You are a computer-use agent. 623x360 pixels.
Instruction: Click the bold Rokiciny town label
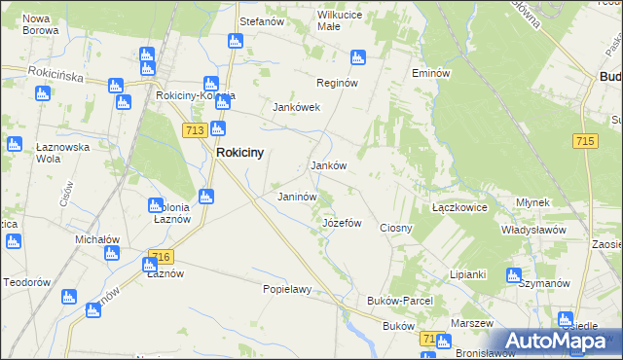click(x=239, y=153)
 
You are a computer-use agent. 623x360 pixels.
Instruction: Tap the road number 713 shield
click(x=192, y=129)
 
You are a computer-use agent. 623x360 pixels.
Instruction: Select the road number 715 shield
click(x=585, y=142)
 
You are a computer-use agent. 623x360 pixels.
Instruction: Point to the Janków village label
click(x=328, y=165)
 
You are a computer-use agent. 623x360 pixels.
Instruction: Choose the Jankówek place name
click(x=297, y=107)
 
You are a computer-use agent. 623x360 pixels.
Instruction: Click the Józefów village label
click(x=342, y=223)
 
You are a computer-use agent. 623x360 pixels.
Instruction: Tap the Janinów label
click(x=298, y=197)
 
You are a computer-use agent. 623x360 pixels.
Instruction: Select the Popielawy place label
click(x=287, y=289)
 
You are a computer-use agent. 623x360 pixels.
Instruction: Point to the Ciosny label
click(x=396, y=228)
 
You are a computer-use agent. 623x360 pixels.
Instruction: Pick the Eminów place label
click(x=430, y=73)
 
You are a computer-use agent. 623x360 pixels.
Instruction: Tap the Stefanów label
click(x=261, y=20)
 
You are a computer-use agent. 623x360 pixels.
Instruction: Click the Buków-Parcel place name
click(x=399, y=302)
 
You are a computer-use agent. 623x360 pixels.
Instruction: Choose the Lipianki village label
click(x=467, y=274)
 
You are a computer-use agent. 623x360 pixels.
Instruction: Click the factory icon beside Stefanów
click(x=235, y=41)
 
